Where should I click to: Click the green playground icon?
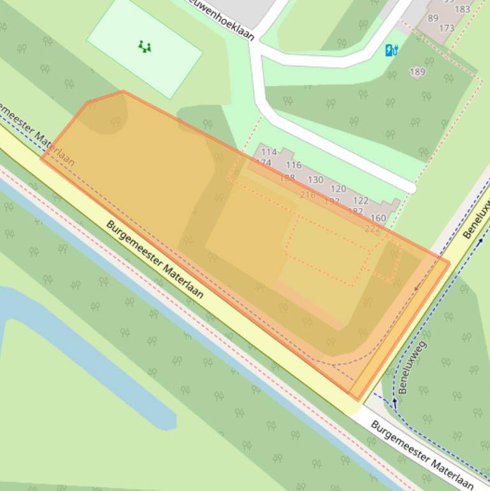point(145,46)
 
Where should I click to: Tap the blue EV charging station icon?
point(392,49)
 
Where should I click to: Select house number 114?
point(269,152)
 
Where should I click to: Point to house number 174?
point(264,163)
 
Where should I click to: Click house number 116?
point(294,165)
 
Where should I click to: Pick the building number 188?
point(287,178)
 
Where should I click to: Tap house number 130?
point(315,180)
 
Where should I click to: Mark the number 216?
point(308,194)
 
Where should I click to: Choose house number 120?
point(338,189)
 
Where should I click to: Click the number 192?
point(332,201)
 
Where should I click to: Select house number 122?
point(361,200)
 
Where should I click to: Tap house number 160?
point(378,218)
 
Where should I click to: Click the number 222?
point(372,229)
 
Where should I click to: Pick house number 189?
point(417,72)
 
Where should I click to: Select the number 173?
point(447,29)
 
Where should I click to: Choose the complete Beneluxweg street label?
point(412,367)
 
